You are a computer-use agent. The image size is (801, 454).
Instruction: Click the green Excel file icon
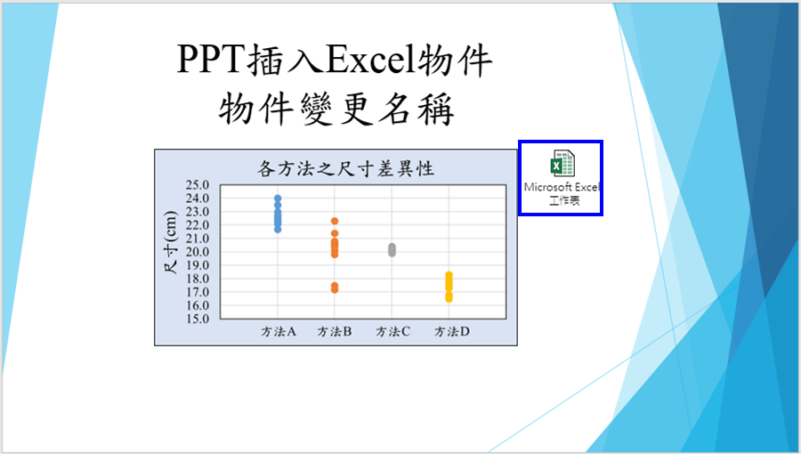coord(562,164)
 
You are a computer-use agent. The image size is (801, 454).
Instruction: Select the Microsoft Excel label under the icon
coord(562,188)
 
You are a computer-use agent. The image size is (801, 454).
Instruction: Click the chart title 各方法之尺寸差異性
coord(346,168)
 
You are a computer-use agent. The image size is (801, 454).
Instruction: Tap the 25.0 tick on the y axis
coord(198,185)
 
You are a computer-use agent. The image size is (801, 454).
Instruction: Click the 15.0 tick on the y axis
coord(198,320)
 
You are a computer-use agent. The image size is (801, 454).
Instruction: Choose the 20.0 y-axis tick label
coord(198,252)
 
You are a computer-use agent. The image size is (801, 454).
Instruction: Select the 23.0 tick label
coord(198,212)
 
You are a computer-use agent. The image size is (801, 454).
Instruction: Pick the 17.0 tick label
coord(198,292)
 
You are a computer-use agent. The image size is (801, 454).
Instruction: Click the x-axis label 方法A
coord(279,332)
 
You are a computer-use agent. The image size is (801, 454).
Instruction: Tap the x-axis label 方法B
coord(335,332)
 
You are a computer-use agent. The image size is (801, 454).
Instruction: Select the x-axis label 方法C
coord(392,332)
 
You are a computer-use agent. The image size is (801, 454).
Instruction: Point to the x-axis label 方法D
coord(451,332)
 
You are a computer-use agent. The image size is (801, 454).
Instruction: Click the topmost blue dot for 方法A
coord(278,199)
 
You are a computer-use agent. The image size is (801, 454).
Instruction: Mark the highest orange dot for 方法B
coord(335,221)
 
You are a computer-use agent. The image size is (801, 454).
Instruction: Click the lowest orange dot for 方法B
coord(335,289)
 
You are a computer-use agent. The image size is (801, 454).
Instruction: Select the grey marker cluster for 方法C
coord(392,250)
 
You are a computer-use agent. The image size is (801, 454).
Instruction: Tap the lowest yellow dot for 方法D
coord(449,299)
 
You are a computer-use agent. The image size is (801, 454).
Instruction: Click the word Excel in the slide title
coord(371,61)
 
